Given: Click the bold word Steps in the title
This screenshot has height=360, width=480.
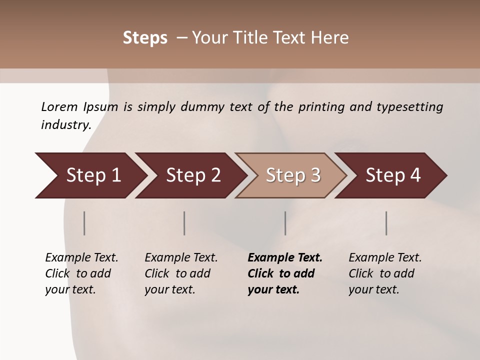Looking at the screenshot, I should [x=145, y=38].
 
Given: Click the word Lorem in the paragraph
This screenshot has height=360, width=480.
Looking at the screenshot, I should [x=58, y=107].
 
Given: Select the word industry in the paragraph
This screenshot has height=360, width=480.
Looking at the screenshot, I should [x=65, y=125].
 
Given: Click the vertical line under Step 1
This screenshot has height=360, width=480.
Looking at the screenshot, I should [x=84, y=223].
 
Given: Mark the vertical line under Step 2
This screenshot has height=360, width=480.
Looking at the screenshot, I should [x=184, y=223].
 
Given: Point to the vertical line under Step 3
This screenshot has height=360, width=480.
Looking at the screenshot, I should [x=285, y=223].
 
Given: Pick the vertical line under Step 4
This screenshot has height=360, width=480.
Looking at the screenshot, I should [x=386, y=223].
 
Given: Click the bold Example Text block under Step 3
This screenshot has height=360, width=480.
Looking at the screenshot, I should [x=284, y=273].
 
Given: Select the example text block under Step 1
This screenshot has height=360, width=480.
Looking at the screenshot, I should [x=81, y=273].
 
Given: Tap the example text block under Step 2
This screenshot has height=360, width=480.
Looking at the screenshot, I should [x=180, y=273].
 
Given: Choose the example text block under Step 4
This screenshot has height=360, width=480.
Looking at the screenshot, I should [x=384, y=273].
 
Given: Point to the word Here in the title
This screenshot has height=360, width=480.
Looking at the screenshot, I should [x=330, y=38].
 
